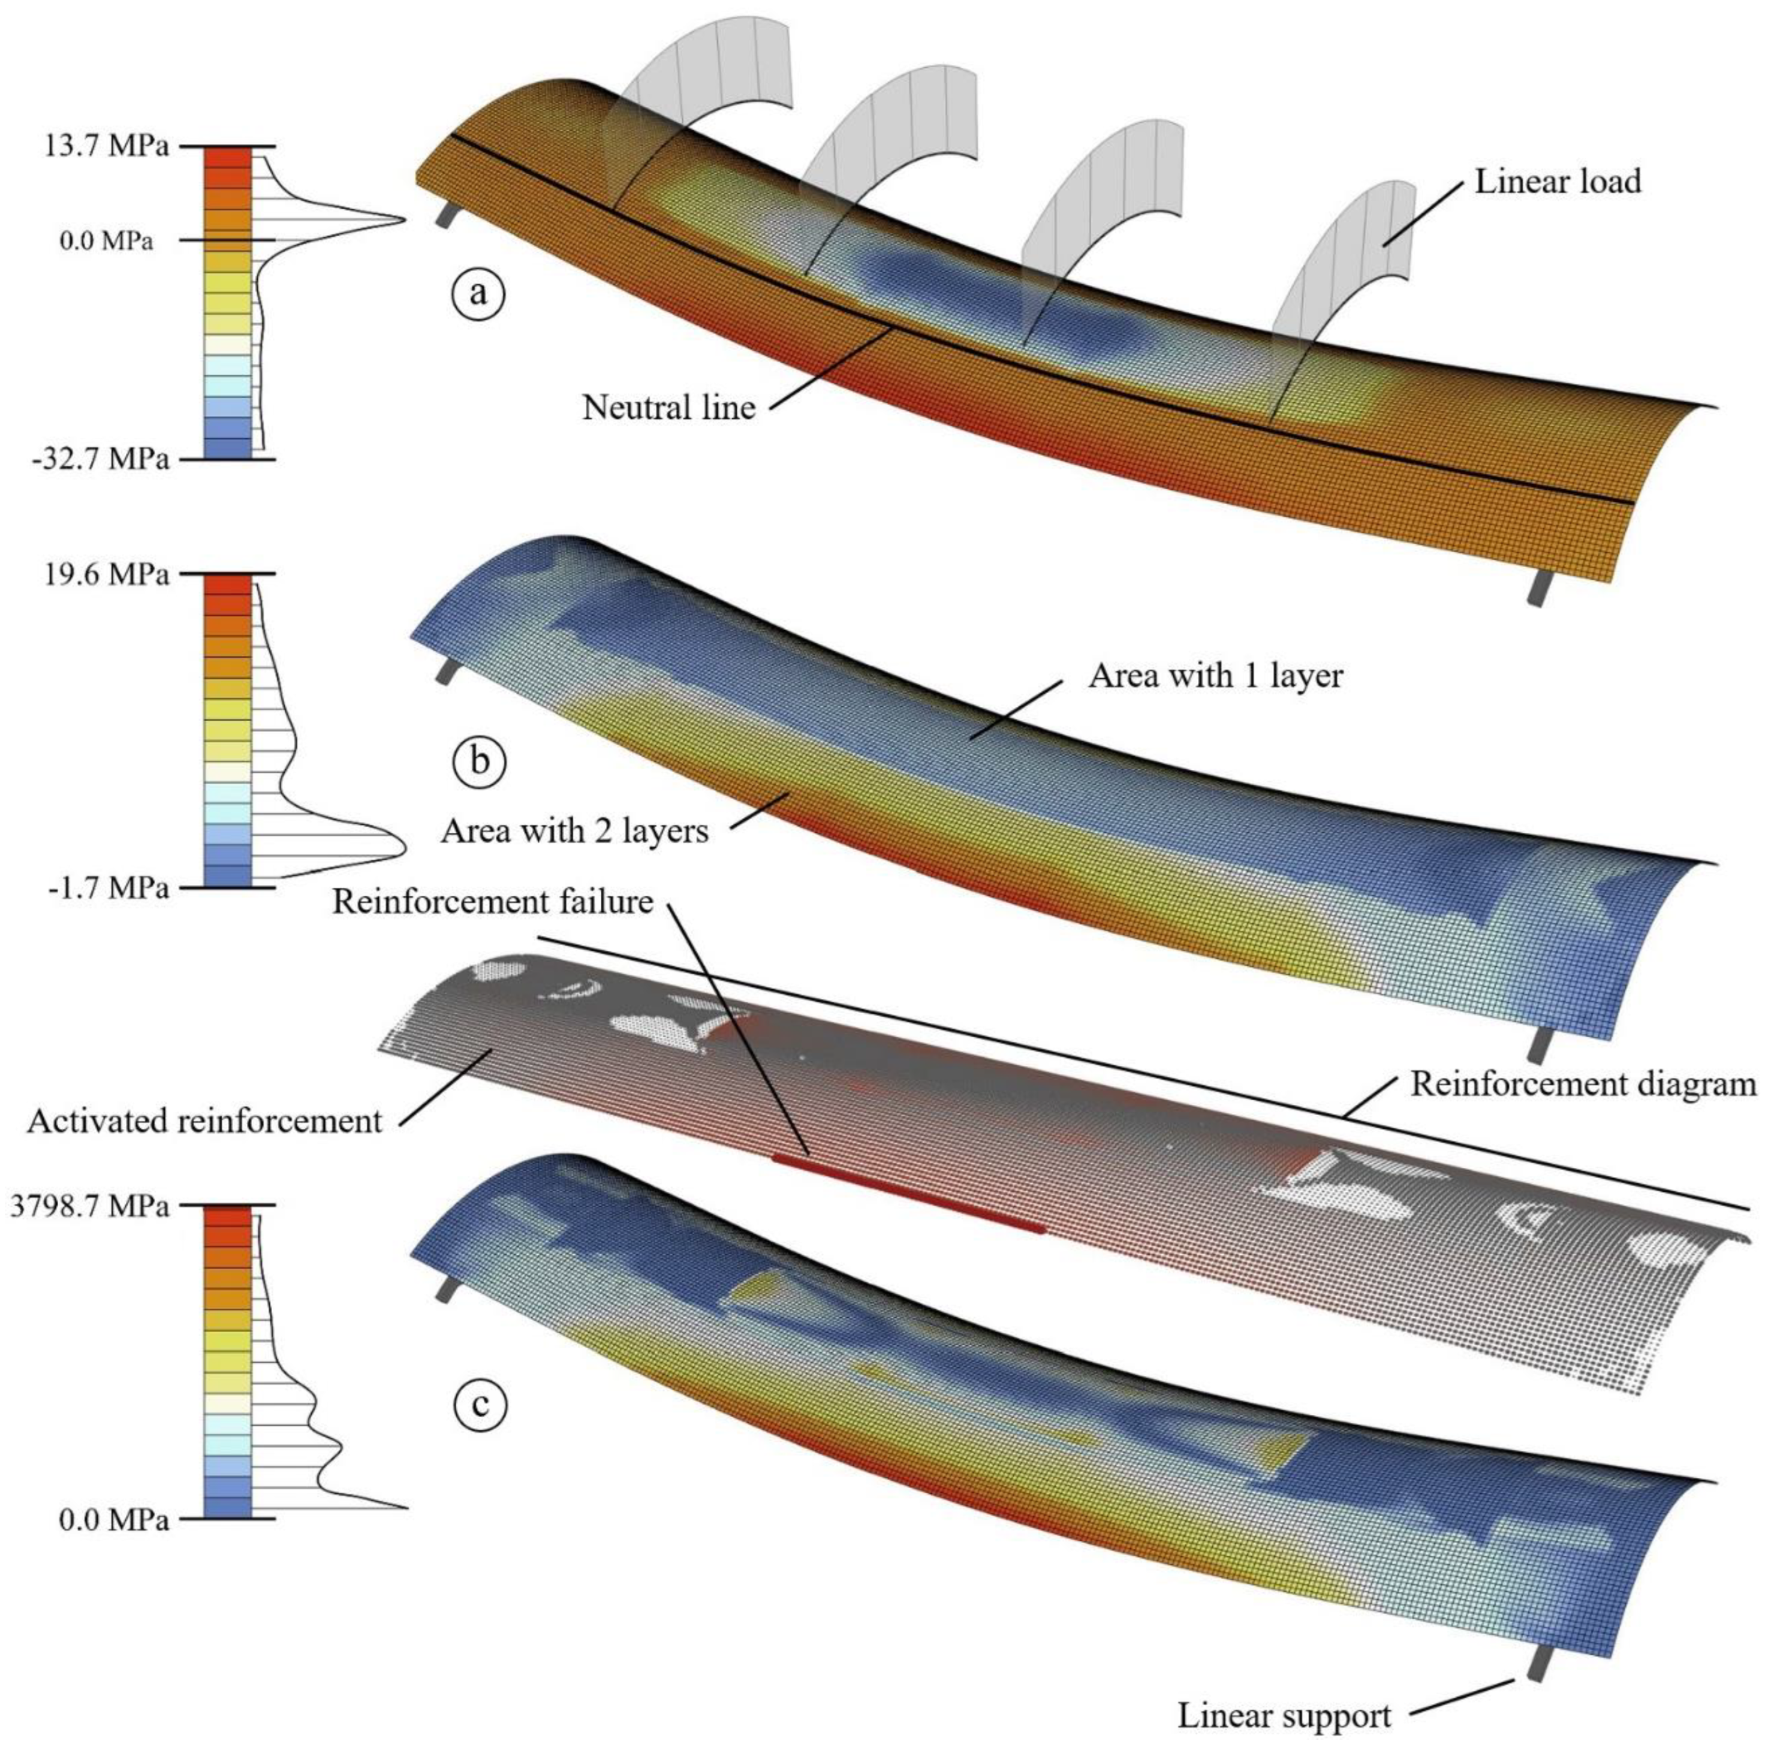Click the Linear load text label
pos(1558,181)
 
